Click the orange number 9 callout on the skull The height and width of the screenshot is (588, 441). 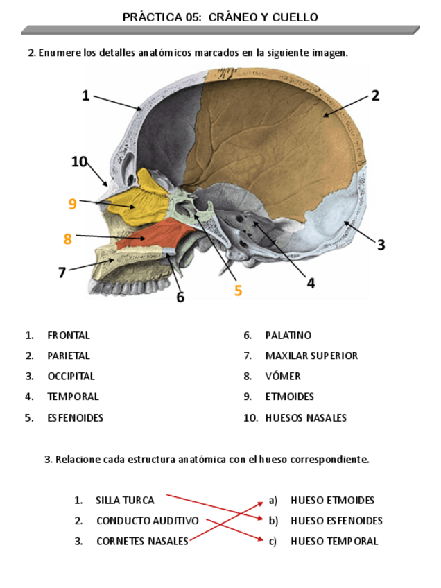pyautogui.click(x=72, y=204)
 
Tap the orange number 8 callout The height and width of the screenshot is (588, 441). pyautogui.click(x=67, y=239)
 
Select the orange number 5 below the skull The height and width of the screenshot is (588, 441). pyautogui.click(x=238, y=291)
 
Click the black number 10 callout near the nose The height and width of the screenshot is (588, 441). pyautogui.click(x=79, y=162)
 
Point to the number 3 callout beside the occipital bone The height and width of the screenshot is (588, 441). pyautogui.click(x=381, y=245)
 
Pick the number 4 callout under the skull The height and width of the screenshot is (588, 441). pyautogui.click(x=311, y=283)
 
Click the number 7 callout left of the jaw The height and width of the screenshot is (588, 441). pyautogui.click(x=62, y=273)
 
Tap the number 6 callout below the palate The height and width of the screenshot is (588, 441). pyautogui.click(x=180, y=297)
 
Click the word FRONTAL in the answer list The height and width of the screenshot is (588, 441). pyautogui.click(x=69, y=336)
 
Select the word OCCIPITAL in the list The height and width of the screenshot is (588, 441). pyautogui.click(x=71, y=377)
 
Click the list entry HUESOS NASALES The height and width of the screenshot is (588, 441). pyautogui.click(x=306, y=418)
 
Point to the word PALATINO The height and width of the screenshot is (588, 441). pyautogui.click(x=288, y=336)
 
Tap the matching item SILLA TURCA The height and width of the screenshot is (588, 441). pyautogui.click(x=125, y=500)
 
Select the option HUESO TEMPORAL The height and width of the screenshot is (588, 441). pyautogui.click(x=334, y=542)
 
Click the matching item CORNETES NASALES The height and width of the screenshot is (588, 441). pyautogui.click(x=142, y=542)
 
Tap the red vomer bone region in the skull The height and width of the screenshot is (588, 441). pyautogui.click(x=156, y=236)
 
